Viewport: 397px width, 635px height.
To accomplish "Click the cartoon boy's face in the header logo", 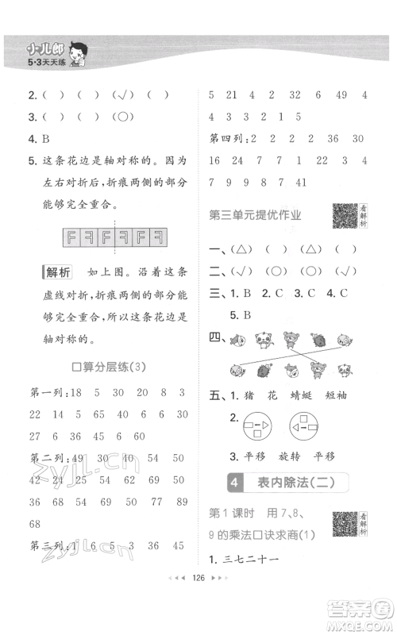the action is pos(79,54).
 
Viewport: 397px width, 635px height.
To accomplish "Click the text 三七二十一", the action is pos(255,558).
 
